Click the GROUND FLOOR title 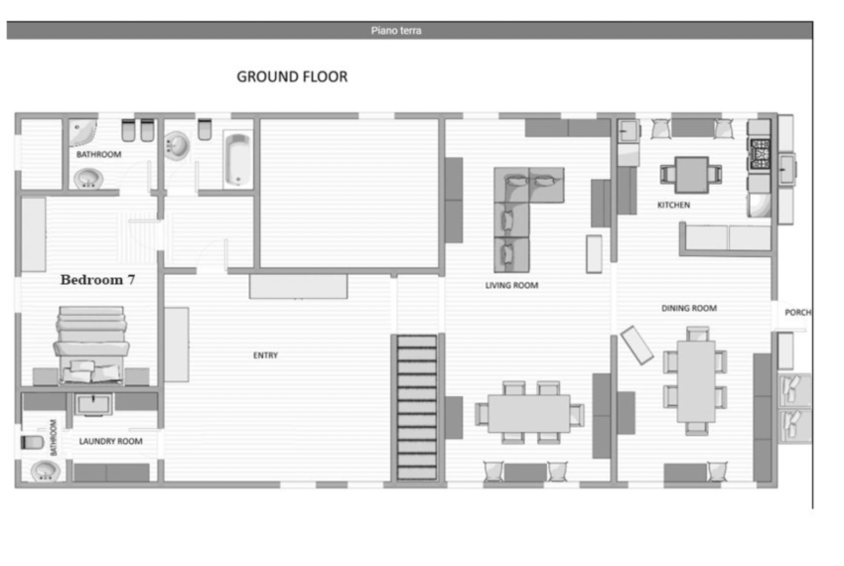click(292, 76)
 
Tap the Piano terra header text click(396, 31)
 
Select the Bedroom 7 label click(97, 279)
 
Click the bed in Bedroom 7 click(91, 345)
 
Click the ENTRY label click(265, 355)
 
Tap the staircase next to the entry click(417, 407)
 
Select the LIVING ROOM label click(511, 285)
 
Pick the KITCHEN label click(673, 205)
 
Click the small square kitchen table click(692, 175)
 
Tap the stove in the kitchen click(760, 153)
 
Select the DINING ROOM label click(689, 308)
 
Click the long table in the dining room click(696, 380)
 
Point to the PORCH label click(797, 313)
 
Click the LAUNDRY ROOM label click(111, 441)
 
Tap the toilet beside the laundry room click(32, 442)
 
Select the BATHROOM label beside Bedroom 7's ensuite click(53, 437)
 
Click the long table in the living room click(529, 412)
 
